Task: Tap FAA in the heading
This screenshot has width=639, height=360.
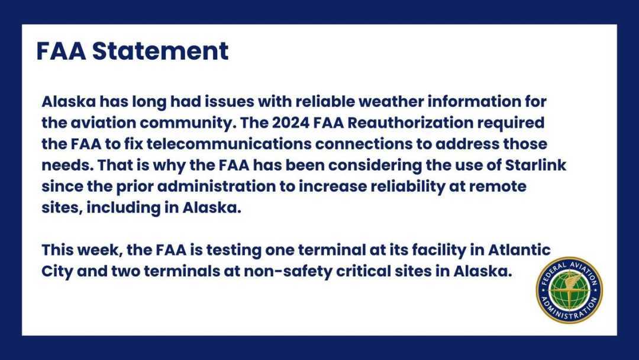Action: coord(61,51)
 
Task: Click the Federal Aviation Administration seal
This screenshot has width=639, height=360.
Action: coord(569,290)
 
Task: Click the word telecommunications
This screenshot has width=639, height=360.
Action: coord(230,144)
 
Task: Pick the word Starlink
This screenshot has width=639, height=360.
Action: coord(535,165)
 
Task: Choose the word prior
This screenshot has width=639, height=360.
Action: coord(134,187)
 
